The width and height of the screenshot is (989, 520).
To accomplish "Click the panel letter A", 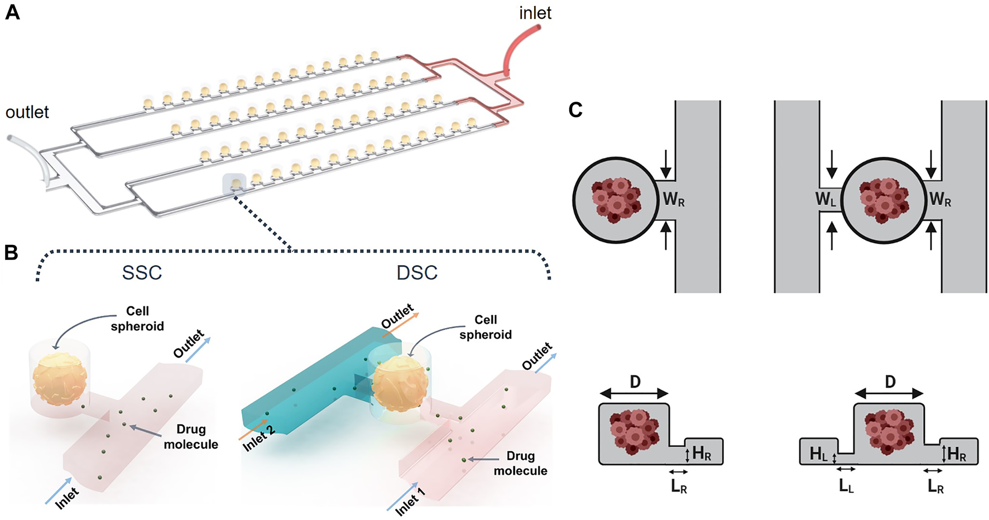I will [x=12, y=12].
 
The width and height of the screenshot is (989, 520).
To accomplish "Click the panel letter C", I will [x=575, y=109].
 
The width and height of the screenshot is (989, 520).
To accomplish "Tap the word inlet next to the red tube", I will [x=535, y=13].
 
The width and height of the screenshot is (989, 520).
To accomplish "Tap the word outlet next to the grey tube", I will [x=27, y=112].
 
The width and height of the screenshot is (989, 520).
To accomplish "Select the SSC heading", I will [x=142, y=273].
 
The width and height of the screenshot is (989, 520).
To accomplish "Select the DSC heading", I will [x=417, y=273].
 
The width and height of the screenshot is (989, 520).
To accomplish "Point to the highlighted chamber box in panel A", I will [x=234, y=184].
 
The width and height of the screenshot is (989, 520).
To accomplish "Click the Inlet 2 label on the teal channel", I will [x=258, y=438].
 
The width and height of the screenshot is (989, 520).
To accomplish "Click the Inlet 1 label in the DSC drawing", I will [x=410, y=501].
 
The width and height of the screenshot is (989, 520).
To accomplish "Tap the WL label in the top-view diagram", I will [x=825, y=199].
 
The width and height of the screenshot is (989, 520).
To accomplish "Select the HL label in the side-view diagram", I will [x=818, y=454].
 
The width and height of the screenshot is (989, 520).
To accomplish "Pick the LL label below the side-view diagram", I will [x=846, y=487].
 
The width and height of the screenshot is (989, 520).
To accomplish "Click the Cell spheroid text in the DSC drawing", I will [x=485, y=327].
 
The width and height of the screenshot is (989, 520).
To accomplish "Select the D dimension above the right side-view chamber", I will [x=890, y=382].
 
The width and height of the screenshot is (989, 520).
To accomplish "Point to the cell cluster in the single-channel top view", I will [x=616, y=200].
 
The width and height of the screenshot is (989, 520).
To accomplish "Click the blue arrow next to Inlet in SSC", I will [x=59, y=490].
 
